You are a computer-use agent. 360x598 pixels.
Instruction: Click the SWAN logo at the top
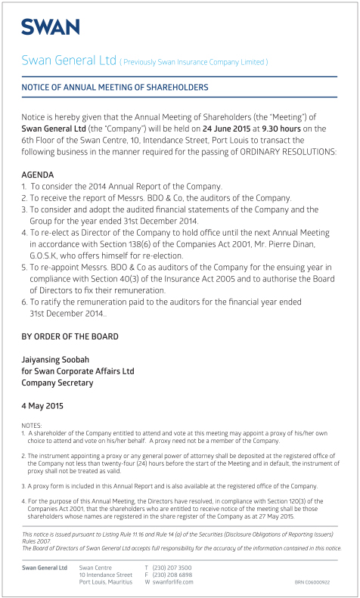50,27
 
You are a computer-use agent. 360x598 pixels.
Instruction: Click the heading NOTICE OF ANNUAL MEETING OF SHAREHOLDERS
115,88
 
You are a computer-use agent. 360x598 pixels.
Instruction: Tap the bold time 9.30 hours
281,129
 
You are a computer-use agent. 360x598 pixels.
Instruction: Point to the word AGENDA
38,174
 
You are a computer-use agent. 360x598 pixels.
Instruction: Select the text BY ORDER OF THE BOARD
70,336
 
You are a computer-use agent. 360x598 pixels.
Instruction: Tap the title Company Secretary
57,383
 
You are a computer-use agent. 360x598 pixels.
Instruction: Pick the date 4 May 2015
42,406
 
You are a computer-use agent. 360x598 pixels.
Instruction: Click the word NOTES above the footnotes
33,426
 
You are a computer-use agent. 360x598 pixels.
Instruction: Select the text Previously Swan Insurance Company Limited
194,61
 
